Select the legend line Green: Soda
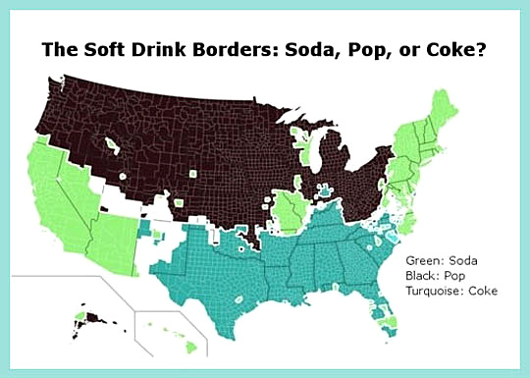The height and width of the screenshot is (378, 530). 445,262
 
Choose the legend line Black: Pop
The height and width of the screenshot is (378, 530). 439,277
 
